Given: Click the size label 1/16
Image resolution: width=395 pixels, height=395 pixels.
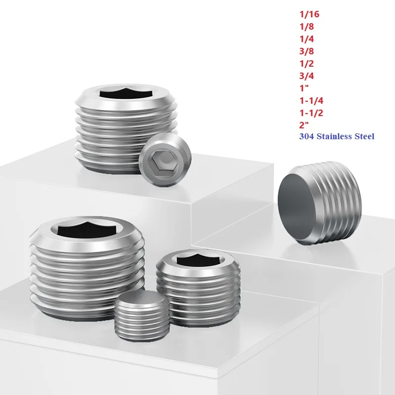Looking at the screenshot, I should tap(310, 15).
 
